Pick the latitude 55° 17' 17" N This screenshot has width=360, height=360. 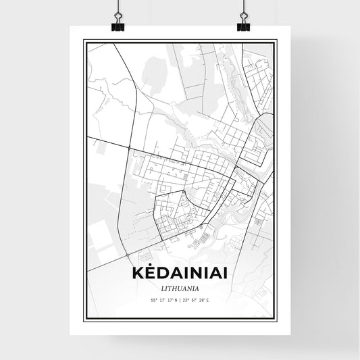click(x=163, y=300)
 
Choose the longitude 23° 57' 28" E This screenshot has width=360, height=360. click(x=197, y=300)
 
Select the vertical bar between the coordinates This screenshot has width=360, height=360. click(x=180, y=300)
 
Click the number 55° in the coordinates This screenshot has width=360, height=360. click(x=153, y=300)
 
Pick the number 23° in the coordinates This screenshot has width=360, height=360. click(x=186, y=300)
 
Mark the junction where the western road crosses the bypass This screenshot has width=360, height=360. click(x=129, y=146)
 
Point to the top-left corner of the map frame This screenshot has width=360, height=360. click(x=84, y=41)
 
